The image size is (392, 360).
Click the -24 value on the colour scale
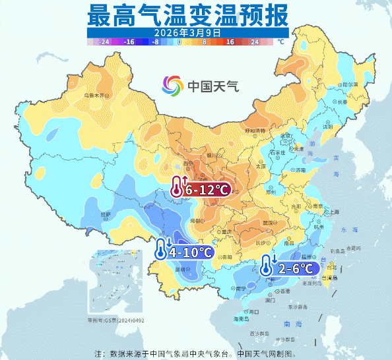(x=104, y=42)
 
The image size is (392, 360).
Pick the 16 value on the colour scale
(x=230, y=42)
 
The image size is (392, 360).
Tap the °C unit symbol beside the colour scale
(x=280, y=42)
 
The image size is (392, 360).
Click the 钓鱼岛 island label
(x=337, y=251)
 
